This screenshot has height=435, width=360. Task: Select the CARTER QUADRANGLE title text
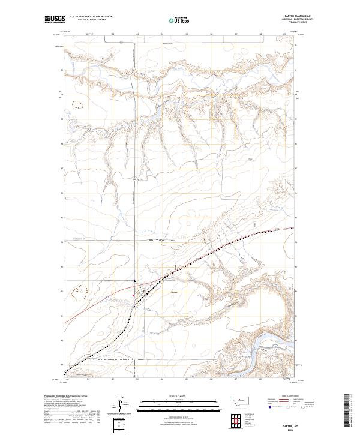[302, 16]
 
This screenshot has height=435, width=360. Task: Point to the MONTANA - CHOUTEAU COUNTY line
[302, 20]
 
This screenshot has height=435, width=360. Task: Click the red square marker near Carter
[133, 295]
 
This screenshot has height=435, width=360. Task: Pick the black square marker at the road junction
[136, 280]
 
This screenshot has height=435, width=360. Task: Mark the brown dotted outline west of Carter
[79, 292]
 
